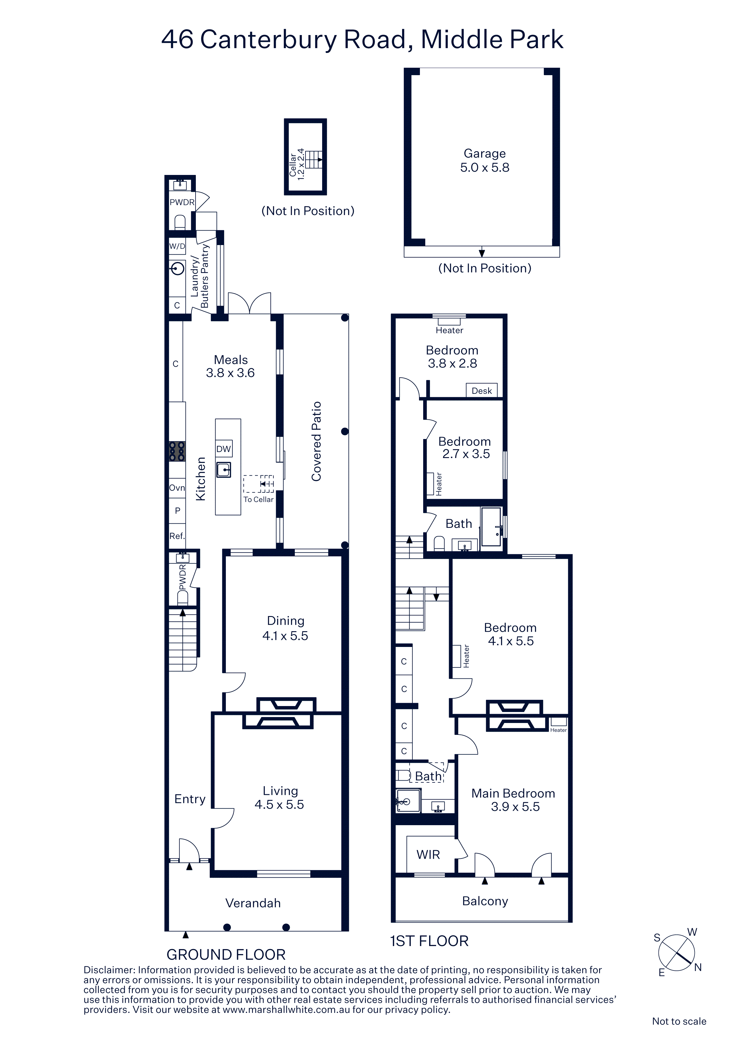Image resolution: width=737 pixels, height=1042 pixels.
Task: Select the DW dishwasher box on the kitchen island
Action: coord(224,449)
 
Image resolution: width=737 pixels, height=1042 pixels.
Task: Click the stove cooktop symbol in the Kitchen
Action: coord(177,451)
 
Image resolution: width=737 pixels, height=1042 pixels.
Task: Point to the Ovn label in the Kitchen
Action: coord(177,488)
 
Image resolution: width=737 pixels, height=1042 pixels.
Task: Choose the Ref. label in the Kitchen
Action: coord(177,536)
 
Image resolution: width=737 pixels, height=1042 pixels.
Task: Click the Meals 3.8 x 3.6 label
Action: coord(230,366)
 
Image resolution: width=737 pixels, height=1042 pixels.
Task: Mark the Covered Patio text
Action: coord(316,441)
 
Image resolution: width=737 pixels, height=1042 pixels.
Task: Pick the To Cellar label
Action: coord(258,499)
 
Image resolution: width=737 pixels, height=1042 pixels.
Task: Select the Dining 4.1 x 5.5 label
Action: coord(285,628)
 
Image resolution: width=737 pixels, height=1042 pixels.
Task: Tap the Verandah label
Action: coord(253,903)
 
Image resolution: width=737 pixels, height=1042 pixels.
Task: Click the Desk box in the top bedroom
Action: coord(482,391)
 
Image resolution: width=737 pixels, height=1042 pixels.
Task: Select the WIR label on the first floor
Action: coord(428,855)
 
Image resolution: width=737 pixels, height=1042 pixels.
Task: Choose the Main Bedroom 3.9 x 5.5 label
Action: coord(514,800)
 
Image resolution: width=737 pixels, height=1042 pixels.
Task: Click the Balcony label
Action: coord(485,901)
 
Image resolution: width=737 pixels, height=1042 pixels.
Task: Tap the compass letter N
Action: coord(698,967)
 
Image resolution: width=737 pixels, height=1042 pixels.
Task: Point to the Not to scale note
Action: coord(679,1021)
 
